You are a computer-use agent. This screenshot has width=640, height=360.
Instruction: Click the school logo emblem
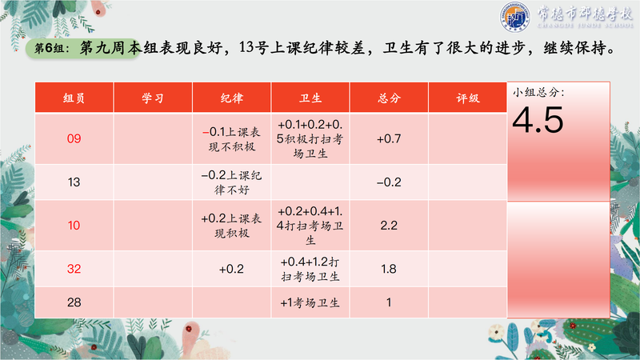(x=515, y=17)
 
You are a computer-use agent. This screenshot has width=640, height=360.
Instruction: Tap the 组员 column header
(x=74, y=98)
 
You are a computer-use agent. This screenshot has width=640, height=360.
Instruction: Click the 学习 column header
(x=153, y=98)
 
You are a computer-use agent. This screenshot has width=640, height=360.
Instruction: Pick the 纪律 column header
(x=231, y=98)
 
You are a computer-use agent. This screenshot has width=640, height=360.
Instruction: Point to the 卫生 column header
(x=310, y=98)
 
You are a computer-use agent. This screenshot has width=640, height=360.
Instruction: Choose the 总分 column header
(x=389, y=98)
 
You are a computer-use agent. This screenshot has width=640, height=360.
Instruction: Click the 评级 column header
(x=468, y=98)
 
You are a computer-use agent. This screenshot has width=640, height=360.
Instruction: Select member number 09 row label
(x=74, y=138)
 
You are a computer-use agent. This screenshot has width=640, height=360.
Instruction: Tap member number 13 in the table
(x=74, y=182)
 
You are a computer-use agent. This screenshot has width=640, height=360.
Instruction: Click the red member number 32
(x=74, y=269)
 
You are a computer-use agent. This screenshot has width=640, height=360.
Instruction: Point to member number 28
(x=74, y=302)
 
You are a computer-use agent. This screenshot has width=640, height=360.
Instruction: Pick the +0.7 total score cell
(x=389, y=138)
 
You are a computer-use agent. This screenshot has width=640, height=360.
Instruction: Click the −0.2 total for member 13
(x=389, y=182)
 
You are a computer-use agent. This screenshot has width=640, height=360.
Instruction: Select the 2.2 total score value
(x=389, y=226)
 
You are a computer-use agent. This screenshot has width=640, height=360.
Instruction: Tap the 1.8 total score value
(x=389, y=269)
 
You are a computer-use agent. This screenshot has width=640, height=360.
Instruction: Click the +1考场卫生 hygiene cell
(x=310, y=302)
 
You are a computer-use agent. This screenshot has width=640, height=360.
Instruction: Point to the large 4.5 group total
(x=538, y=120)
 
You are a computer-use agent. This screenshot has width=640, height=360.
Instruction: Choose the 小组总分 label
(x=538, y=92)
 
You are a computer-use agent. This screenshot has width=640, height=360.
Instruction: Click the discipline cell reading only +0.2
(x=231, y=269)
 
